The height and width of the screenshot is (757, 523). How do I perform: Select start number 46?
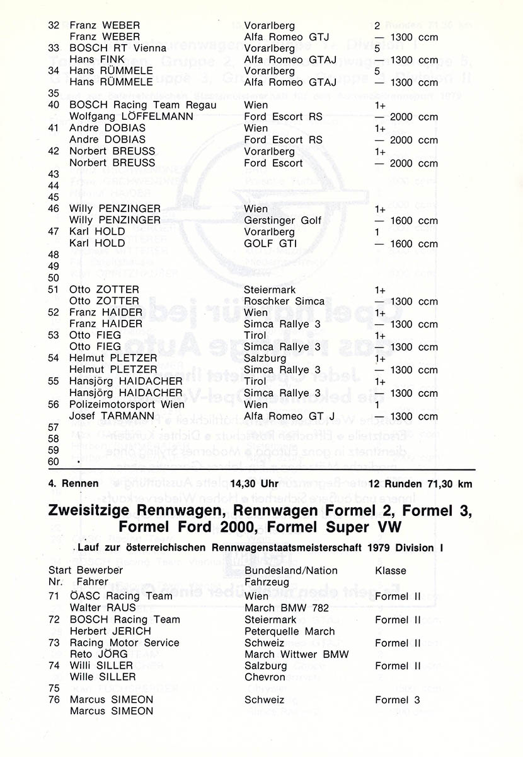[x=54, y=209]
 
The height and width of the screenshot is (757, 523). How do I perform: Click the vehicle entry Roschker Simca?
[x=284, y=301]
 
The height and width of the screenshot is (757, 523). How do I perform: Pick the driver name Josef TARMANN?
[x=110, y=416]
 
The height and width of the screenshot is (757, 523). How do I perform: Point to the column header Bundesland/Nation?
[x=291, y=570]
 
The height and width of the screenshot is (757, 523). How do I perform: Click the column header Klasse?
[x=391, y=570]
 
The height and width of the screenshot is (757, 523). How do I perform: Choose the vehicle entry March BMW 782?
[x=287, y=608]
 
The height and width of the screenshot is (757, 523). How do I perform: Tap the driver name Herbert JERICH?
[x=111, y=631]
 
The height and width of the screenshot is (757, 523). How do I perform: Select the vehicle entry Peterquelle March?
[x=290, y=631]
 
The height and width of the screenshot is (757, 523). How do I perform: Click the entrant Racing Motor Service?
[x=125, y=643]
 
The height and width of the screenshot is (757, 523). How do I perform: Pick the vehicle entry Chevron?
[x=265, y=677]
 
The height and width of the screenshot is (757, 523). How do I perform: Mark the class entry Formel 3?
[x=398, y=700]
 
